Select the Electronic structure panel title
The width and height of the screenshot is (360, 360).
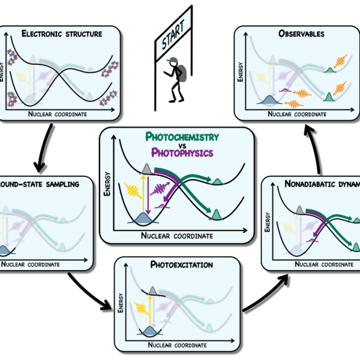click(x=62, y=34)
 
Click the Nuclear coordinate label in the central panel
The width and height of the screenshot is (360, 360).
click(x=177, y=236)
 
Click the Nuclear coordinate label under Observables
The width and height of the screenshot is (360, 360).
click(x=297, y=114)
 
